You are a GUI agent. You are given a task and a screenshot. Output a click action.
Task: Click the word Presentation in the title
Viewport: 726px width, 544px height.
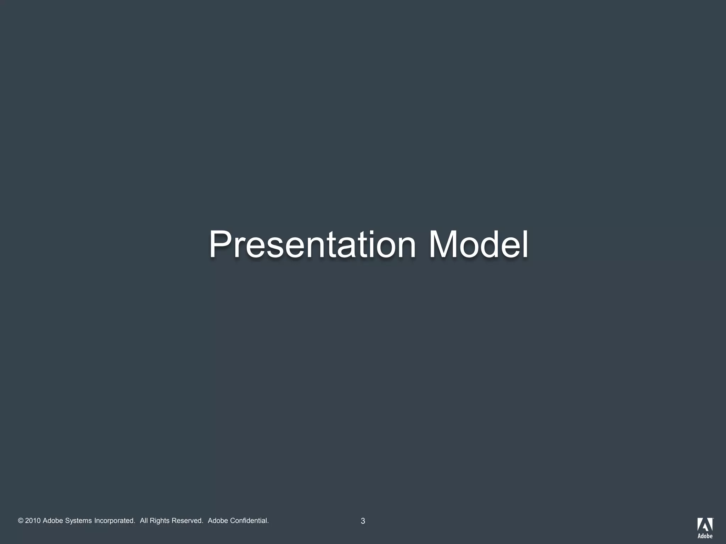click(x=312, y=245)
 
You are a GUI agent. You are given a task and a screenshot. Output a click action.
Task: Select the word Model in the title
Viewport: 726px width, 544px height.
click(x=479, y=245)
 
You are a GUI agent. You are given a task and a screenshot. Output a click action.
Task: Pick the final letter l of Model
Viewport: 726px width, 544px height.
click(x=525, y=245)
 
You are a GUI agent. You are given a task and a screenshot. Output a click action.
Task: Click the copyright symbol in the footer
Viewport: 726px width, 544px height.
click(x=21, y=521)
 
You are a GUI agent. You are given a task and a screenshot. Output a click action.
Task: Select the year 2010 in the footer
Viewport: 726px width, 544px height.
click(x=33, y=521)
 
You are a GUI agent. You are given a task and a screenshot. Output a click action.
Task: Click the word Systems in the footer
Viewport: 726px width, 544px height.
click(x=78, y=521)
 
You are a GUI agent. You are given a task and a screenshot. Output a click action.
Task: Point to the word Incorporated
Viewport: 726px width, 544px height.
click(x=115, y=521)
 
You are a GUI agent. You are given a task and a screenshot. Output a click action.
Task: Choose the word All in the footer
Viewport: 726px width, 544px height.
click(x=144, y=521)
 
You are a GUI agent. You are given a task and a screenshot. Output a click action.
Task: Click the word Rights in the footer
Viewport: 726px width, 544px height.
click(x=160, y=521)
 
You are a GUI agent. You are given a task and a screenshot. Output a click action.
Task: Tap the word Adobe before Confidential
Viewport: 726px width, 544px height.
click(x=218, y=521)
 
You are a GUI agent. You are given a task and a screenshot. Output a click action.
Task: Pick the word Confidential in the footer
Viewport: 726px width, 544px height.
click(x=249, y=521)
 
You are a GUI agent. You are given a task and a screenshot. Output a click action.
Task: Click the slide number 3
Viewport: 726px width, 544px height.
click(x=363, y=521)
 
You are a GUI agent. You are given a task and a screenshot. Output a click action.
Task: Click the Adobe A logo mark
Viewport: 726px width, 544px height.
click(x=705, y=525)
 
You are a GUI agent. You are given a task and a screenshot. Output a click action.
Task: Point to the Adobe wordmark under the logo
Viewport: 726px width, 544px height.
click(x=705, y=536)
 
